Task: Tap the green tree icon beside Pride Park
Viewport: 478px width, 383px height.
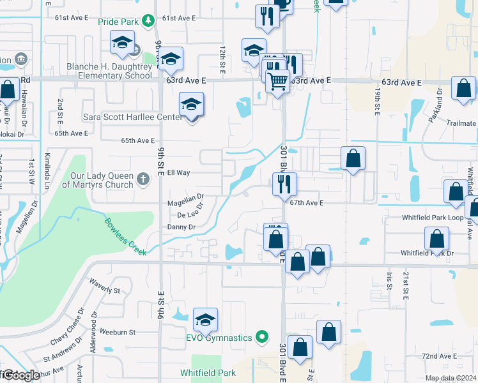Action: coord(148,21)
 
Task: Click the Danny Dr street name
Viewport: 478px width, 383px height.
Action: coord(181,227)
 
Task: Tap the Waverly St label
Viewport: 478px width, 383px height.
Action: coord(105,286)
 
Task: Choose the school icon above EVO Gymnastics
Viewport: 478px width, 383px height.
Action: coord(205,319)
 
